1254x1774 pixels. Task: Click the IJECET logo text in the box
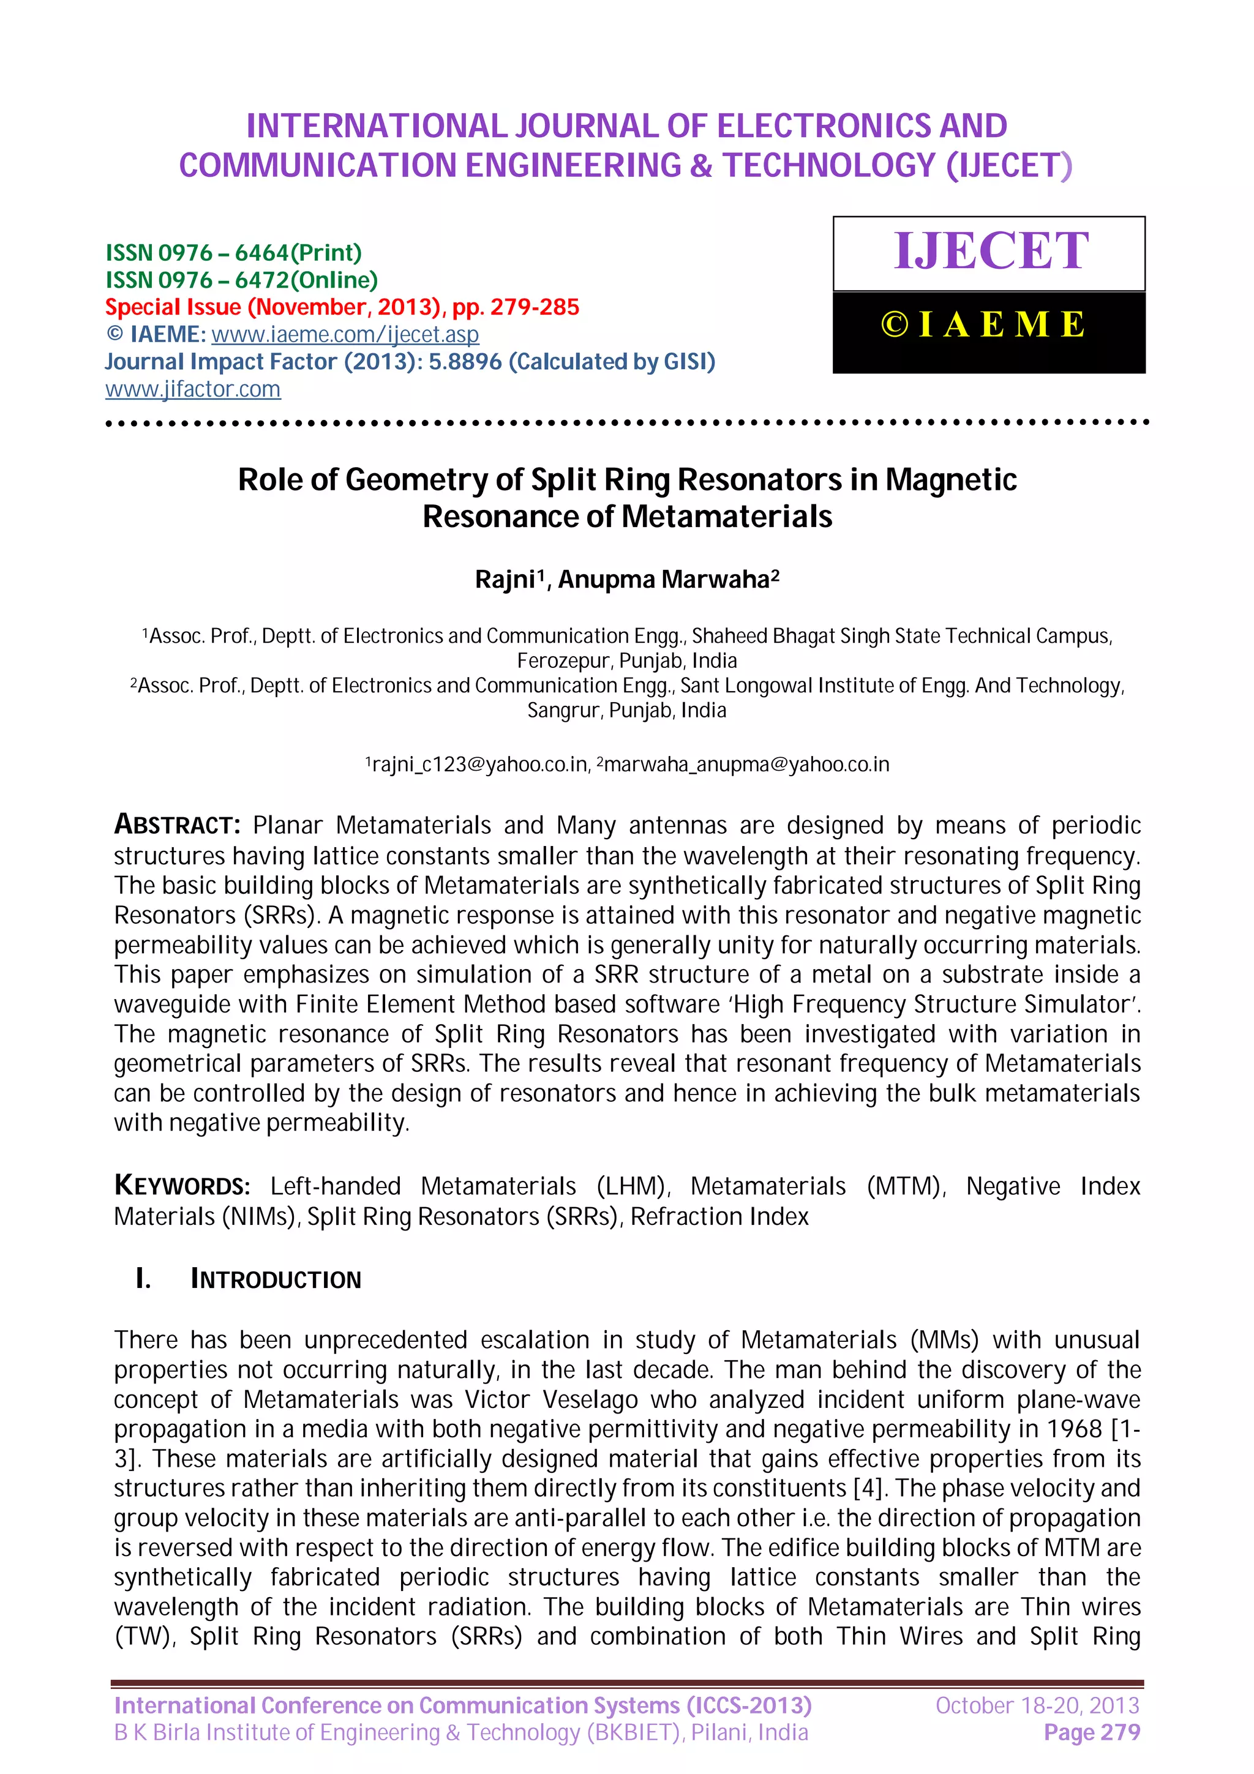click(991, 251)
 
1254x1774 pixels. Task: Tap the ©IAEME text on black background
click(983, 324)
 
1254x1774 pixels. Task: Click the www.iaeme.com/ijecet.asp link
click(345, 335)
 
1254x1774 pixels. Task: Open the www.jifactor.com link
click(192, 389)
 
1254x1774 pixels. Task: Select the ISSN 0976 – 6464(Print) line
click(233, 253)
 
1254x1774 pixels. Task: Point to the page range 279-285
click(534, 307)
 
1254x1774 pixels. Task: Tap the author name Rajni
click(505, 580)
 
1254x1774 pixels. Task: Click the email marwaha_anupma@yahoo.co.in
click(746, 765)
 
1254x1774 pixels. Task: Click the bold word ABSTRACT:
click(178, 825)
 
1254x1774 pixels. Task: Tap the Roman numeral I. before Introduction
click(143, 1279)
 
